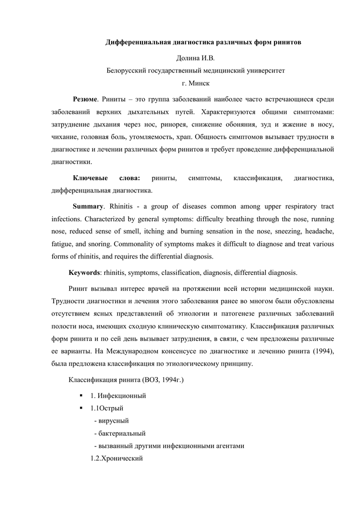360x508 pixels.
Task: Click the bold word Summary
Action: click(87, 206)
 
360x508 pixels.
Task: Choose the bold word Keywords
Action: click(84, 273)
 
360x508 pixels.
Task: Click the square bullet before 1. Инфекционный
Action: click(80, 395)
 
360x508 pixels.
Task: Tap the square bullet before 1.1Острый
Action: click(80, 408)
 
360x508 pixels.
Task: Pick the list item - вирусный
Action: click(111, 421)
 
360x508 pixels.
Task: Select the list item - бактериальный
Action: click(120, 433)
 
